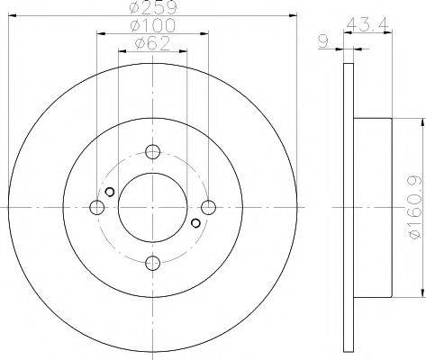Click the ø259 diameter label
click(153, 7)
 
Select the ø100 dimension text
click(153, 25)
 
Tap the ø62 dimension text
click(153, 43)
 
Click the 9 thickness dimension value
click(323, 41)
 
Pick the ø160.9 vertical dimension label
click(418, 207)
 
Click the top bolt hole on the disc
click(153, 151)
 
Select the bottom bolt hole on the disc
click(153, 263)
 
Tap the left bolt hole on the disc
click(97, 207)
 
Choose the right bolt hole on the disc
click(208, 207)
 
